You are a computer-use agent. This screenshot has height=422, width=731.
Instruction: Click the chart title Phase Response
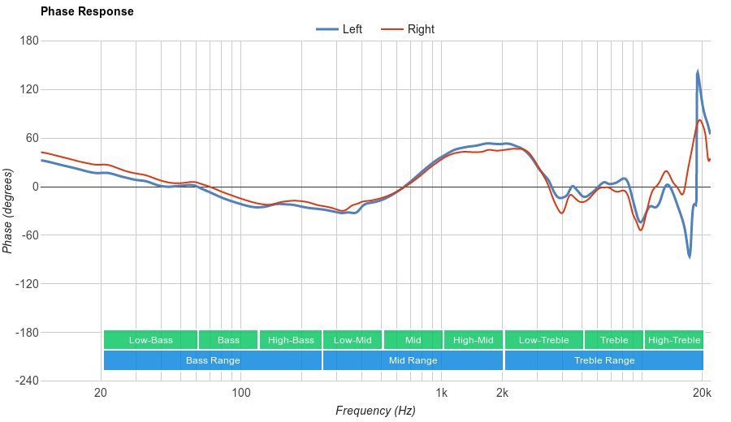tap(87, 11)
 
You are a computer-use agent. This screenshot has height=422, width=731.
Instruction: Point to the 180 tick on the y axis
tap(29, 41)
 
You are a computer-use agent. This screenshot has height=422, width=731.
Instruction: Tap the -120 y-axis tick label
tap(26, 284)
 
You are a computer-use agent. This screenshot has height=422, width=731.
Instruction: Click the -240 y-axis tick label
tap(26, 381)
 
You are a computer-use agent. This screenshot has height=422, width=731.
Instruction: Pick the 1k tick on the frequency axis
tap(441, 394)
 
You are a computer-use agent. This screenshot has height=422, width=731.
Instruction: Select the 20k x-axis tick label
tap(702, 394)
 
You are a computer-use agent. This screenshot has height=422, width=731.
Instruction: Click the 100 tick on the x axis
tap(241, 394)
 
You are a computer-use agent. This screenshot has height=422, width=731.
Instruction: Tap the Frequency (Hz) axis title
tap(375, 411)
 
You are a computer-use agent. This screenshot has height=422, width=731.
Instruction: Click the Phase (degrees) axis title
tap(8, 211)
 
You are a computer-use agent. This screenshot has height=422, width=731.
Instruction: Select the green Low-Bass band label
tap(150, 340)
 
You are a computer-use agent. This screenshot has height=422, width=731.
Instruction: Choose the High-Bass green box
tap(291, 340)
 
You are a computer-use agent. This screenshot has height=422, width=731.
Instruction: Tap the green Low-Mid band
tap(353, 340)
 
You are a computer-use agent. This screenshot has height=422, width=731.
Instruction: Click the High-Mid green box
tap(474, 340)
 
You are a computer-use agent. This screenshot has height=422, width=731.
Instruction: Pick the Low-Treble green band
tap(543, 340)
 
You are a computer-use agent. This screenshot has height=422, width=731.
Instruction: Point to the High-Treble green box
tap(674, 340)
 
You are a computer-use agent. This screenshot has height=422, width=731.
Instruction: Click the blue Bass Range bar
tap(213, 360)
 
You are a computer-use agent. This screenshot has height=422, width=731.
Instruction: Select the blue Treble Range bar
tap(604, 360)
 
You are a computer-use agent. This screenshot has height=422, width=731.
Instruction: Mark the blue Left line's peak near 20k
tap(698, 72)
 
